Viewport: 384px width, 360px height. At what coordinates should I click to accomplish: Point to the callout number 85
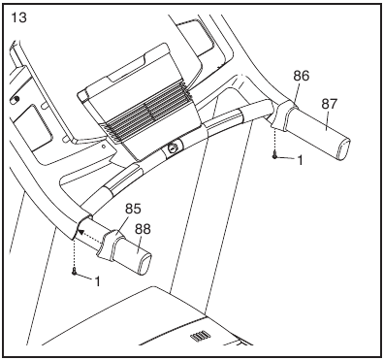click(x=133, y=208)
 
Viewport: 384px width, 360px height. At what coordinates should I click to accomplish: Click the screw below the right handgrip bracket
click(x=277, y=155)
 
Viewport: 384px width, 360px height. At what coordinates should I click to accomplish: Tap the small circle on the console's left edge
click(x=15, y=99)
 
